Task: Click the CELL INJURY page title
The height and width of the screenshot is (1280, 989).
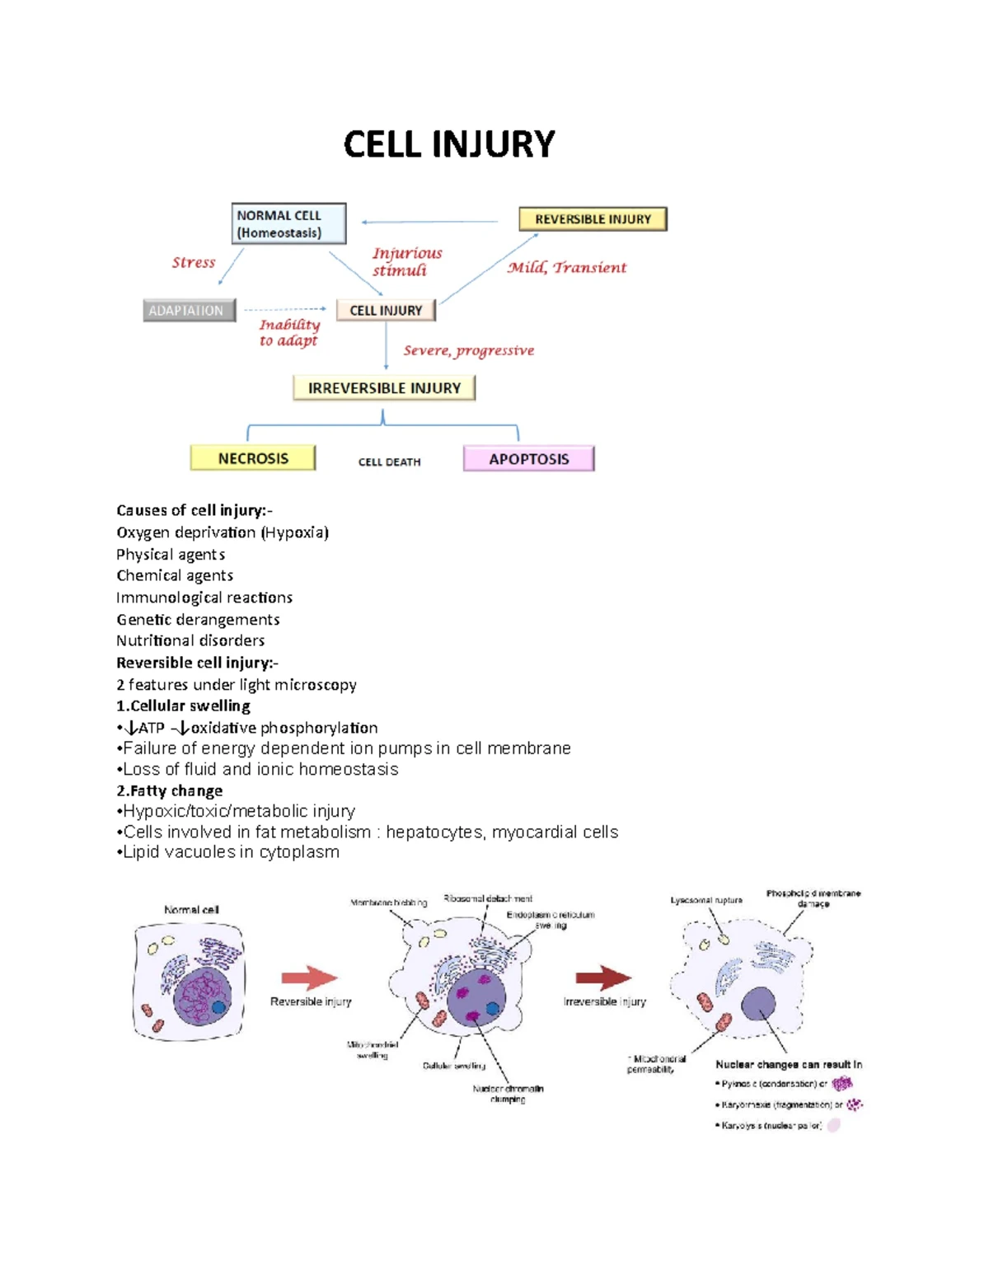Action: [x=449, y=144]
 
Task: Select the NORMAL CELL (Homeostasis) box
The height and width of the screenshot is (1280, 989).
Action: [x=288, y=223]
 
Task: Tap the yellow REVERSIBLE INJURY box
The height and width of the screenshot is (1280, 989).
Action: [x=593, y=219]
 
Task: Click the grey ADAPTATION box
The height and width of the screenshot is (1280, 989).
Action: [x=189, y=311]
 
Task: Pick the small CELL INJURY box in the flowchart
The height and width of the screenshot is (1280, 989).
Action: [x=386, y=311]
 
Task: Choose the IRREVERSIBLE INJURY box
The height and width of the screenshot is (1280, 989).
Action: [x=384, y=388]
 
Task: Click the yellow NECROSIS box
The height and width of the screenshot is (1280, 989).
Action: [x=253, y=458]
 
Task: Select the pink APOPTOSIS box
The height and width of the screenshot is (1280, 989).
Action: [x=529, y=459]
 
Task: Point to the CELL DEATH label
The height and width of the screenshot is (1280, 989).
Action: [x=389, y=462]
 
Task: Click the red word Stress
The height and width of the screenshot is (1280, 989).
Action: [x=194, y=263]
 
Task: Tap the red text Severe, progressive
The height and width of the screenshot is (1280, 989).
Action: [x=468, y=351]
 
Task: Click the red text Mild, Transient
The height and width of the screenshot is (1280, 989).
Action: [x=567, y=268]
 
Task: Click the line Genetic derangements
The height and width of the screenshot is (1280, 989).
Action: [x=198, y=619]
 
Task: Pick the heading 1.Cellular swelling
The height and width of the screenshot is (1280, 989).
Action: [x=183, y=706]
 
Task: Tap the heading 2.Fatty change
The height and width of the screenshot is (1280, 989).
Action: [x=169, y=790]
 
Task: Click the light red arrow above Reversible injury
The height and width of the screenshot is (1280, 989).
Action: [x=310, y=978]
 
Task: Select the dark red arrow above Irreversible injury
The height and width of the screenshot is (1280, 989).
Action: [x=603, y=978]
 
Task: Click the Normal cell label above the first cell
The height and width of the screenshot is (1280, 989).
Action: [x=191, y=910]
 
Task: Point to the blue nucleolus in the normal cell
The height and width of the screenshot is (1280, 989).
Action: [x=219, y=1007]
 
